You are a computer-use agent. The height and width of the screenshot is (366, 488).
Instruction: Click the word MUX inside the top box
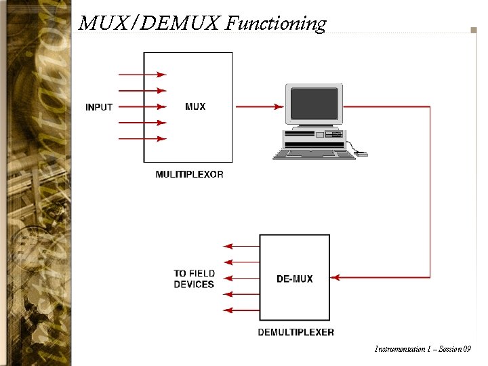point(195,106)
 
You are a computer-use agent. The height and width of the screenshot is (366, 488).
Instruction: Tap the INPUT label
point(99,107)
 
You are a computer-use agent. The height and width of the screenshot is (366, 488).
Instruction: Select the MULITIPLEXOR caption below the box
point(189,174)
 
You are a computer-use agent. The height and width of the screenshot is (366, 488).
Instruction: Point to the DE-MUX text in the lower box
point(295,279)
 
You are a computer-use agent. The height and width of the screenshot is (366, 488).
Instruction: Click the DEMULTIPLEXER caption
point(296,332)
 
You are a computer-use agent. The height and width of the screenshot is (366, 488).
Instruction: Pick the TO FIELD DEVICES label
point(194,279)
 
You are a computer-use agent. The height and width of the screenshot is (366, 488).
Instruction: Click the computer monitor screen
point(313,103)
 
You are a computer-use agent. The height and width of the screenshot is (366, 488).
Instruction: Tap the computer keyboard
point(313,154)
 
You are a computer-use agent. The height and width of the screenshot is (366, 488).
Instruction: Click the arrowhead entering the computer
point(279,106)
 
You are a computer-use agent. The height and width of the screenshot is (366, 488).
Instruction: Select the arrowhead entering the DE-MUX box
point(335,277)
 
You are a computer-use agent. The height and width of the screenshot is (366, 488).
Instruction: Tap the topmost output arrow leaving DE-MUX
point(229,245)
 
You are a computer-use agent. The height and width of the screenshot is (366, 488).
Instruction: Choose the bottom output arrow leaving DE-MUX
point(229,310)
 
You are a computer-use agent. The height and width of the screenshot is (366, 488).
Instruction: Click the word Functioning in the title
point(276,24)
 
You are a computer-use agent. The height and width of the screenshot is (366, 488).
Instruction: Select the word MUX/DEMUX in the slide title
point(150,24)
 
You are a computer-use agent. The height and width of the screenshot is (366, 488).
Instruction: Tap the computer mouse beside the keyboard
point(362,154)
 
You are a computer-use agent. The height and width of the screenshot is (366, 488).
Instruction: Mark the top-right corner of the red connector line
point(430,106)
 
